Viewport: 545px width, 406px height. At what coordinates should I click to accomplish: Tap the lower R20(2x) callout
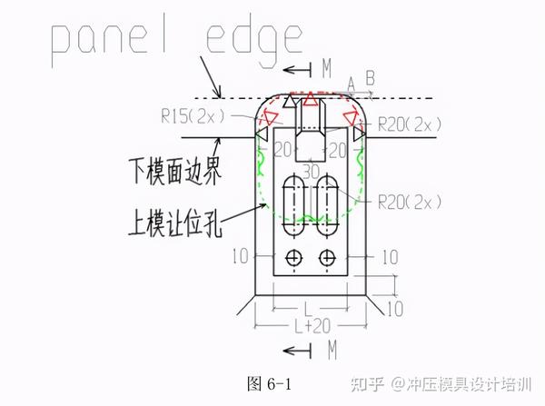point(409,200)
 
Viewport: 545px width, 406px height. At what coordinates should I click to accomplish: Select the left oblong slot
point(293,199)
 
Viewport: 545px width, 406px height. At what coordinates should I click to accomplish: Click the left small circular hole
point(293,259)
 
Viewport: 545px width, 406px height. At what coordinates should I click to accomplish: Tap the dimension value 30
point(311,170)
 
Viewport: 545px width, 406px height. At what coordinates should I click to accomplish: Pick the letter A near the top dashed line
point(352,84)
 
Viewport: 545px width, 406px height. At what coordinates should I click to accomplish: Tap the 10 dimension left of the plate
point(240,258)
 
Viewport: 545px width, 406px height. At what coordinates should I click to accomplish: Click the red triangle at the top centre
point(310,98)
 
